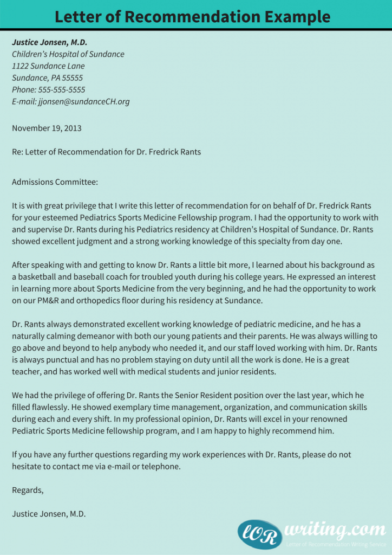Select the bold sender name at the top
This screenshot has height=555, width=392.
[x=49, y=42]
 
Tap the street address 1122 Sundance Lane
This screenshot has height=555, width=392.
[x=48, y=66]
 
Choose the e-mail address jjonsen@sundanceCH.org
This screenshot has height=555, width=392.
[x=84, y=102]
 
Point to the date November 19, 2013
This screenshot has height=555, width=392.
[x=47, y=128]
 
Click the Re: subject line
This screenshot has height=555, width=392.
[x=106, y=152]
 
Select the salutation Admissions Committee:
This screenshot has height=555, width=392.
[x=55, y=182]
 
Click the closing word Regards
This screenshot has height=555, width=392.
[x=27, y=491]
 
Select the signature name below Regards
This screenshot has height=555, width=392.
[x=49, y=514]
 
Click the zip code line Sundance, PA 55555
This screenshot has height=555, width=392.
[x=47, y=78]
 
